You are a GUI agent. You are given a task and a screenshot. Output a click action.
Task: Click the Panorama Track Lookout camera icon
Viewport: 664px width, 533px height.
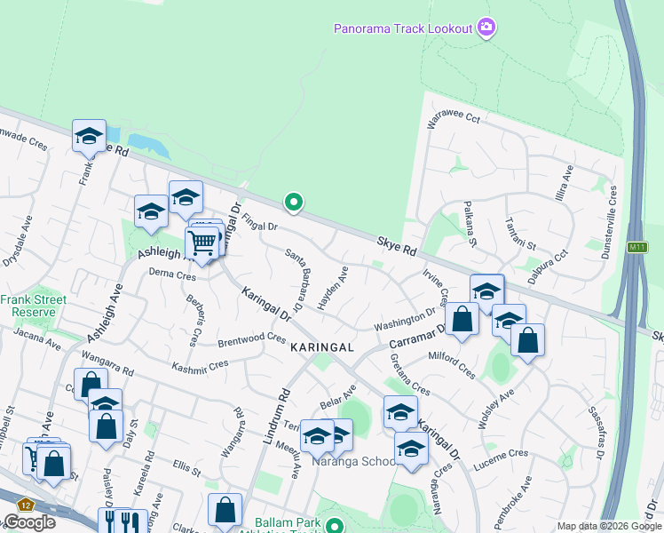pos(486,28)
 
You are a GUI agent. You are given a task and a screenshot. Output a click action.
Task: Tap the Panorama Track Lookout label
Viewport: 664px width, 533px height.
pos(403,28)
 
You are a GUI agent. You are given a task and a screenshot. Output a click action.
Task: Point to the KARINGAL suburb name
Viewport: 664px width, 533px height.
pos(321,347)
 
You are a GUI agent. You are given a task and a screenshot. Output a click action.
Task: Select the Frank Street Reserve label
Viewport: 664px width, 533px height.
pos(33,306)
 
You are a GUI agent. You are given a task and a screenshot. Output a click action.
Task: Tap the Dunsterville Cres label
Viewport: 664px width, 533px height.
pos(611,214)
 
